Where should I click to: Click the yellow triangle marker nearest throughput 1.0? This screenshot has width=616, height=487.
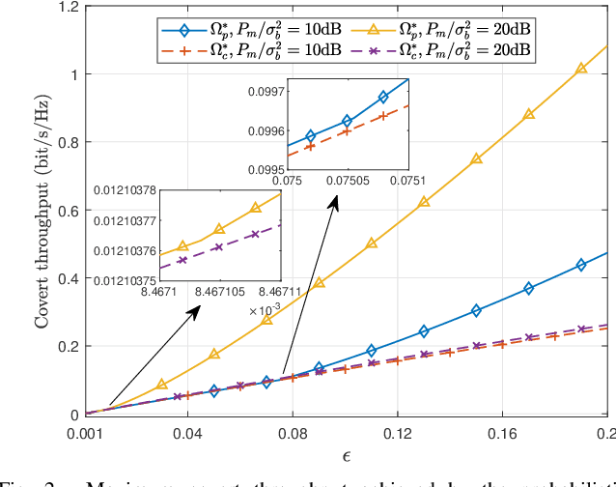tap(581, 69)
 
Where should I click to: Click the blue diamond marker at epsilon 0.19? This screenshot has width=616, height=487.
tap(581, 264)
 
